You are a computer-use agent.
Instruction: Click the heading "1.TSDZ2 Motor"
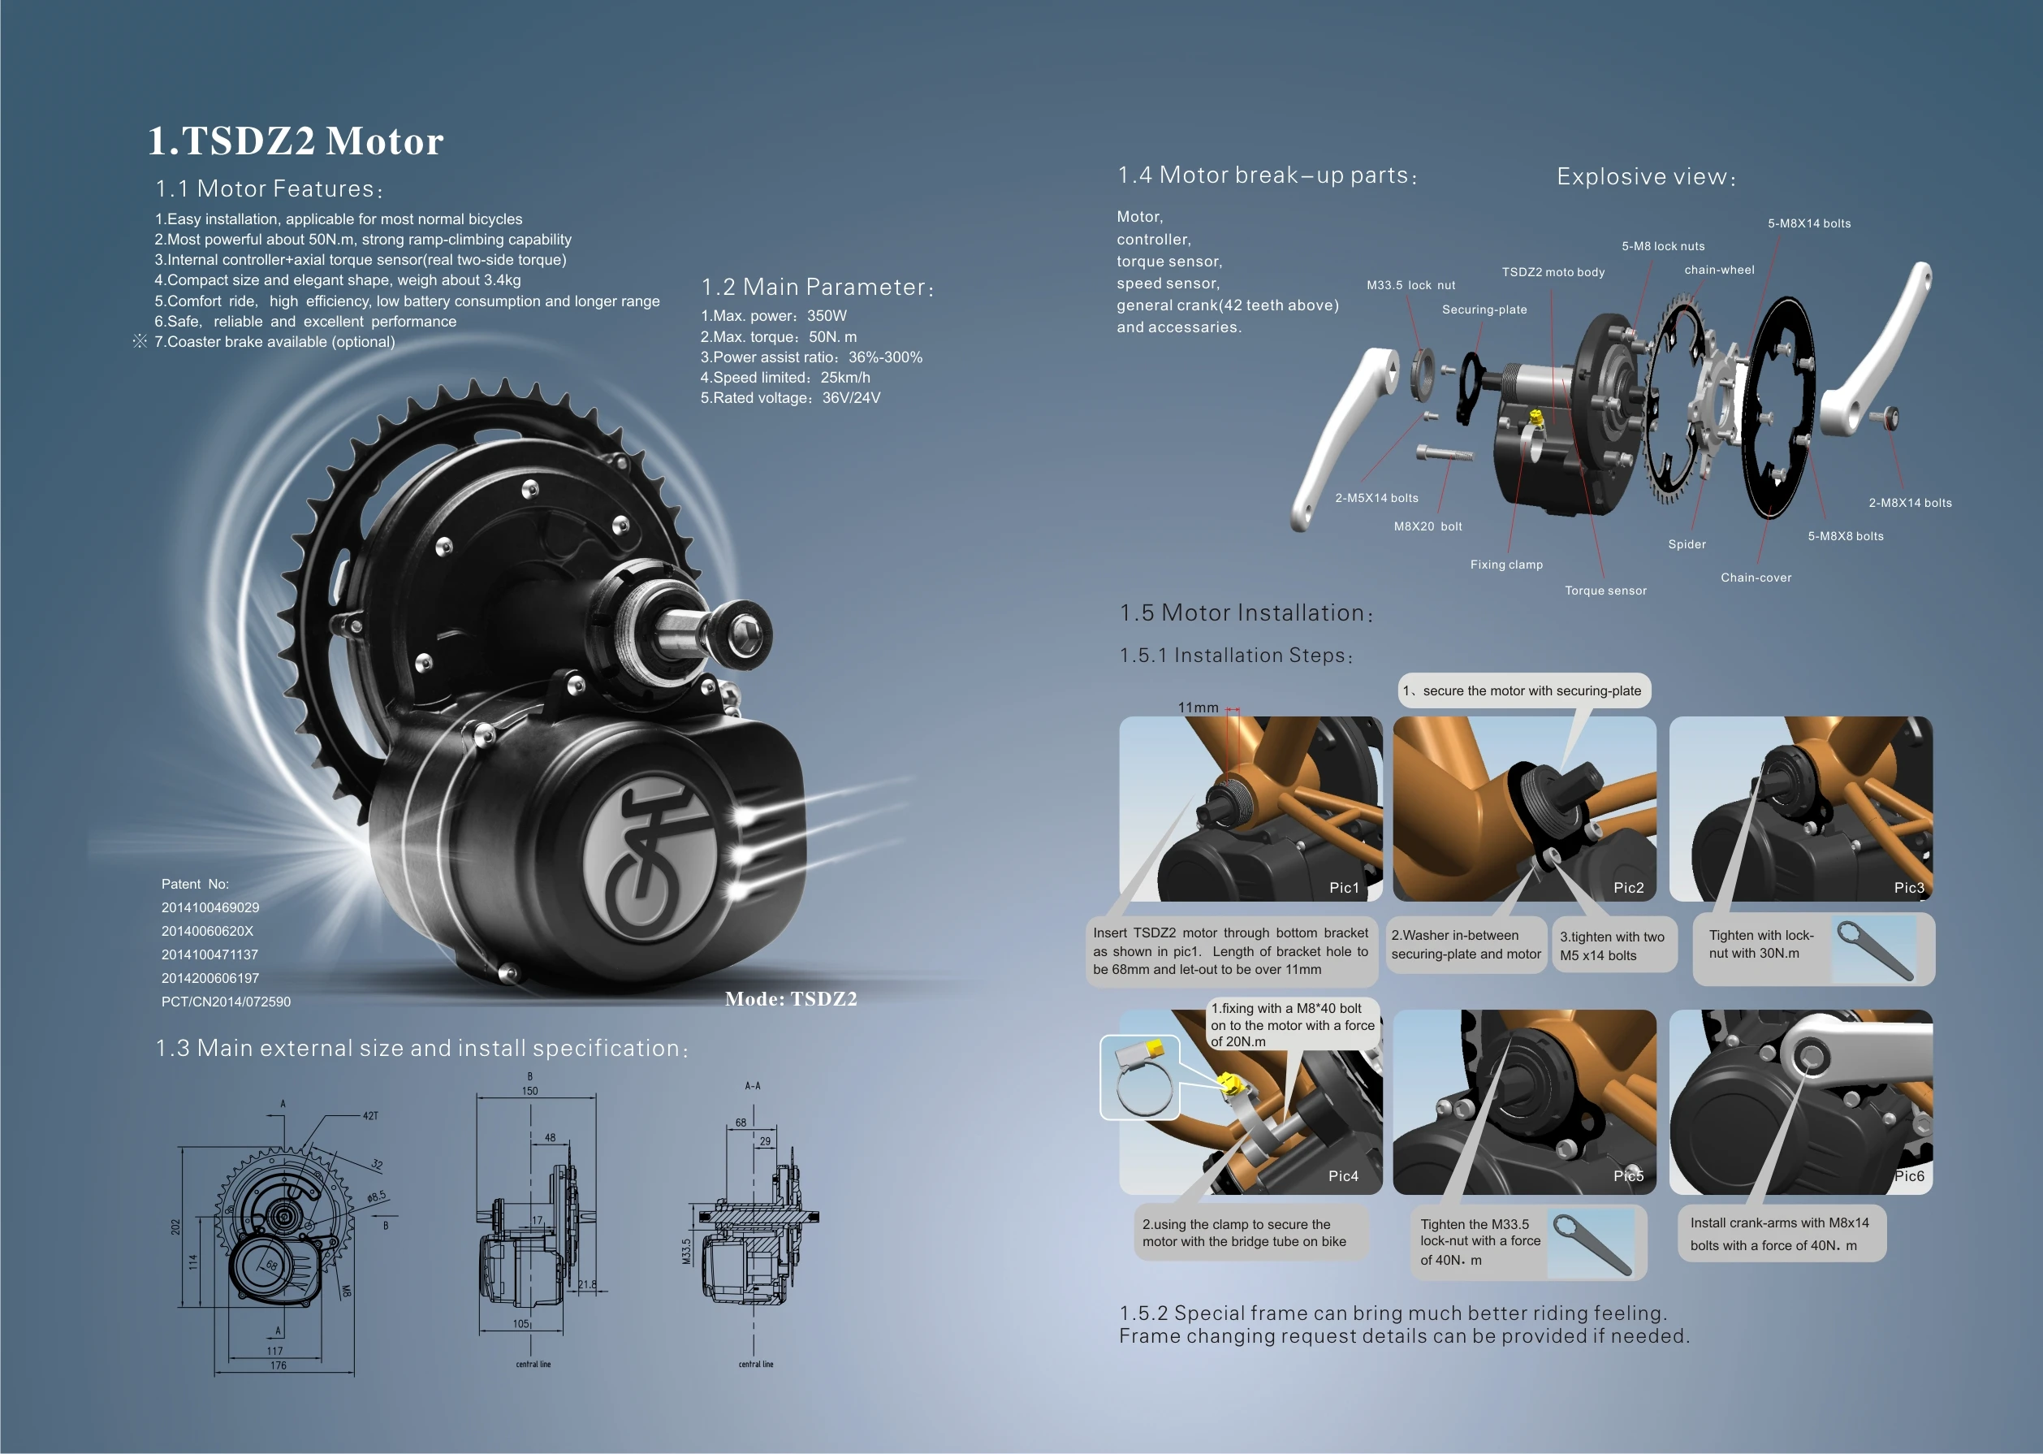coord(296,141)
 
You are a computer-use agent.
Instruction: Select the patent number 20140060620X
coord(208,931)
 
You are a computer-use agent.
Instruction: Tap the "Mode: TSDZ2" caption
coord(790,999)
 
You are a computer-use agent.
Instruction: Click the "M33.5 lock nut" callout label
coord(1410,286)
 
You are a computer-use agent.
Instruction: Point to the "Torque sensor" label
coord(1605,591)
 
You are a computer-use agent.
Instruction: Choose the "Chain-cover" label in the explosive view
coord(1756,578)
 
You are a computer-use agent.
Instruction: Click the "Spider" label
coord(1687,544)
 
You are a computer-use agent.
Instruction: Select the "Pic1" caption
coord(1343,887)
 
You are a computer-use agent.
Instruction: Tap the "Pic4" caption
coord(1342,1176)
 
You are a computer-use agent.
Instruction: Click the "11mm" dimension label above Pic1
coord(1198,708)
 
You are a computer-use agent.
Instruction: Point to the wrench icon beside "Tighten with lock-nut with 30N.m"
coord(1874,949)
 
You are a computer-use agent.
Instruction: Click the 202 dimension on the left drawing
coord(175,1227)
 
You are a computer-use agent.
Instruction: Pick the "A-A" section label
coord(753,1086)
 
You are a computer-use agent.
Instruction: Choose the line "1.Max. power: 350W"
coord(773,316)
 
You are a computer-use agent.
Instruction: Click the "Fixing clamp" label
coord(1506,565)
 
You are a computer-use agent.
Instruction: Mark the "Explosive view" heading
coord(1646,177)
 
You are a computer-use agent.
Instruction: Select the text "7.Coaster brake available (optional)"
coord(274,342)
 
